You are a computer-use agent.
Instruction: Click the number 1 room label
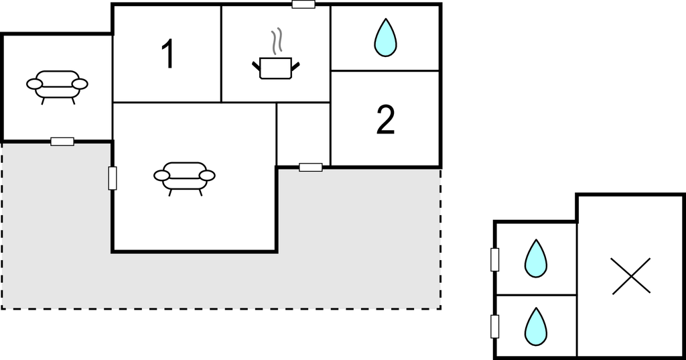168,54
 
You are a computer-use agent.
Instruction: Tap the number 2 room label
385,119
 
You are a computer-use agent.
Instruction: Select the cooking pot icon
275,68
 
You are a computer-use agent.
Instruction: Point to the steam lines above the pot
276,42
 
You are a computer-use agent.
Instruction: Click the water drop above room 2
385,38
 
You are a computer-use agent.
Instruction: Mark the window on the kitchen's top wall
303,5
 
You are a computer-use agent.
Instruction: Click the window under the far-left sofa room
62,141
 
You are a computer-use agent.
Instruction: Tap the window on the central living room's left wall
113,178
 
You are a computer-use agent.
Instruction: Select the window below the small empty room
311,167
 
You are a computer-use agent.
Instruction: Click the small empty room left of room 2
303,135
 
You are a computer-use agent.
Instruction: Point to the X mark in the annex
631,276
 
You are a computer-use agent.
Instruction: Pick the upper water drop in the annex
536,258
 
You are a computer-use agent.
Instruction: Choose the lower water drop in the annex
536,326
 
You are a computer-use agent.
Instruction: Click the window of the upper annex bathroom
495,259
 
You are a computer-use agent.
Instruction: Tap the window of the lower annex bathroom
495,326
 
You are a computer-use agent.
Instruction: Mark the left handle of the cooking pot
256,66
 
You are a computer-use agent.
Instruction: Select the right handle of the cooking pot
295,66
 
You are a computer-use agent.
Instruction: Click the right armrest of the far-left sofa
80,84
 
